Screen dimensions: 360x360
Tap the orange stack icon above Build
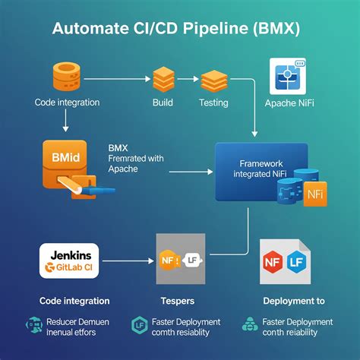coord(164,79)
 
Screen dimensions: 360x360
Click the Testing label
coord(213,103)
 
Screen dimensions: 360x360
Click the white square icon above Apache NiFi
coord(288,77)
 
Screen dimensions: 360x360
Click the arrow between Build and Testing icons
coord(188,78)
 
